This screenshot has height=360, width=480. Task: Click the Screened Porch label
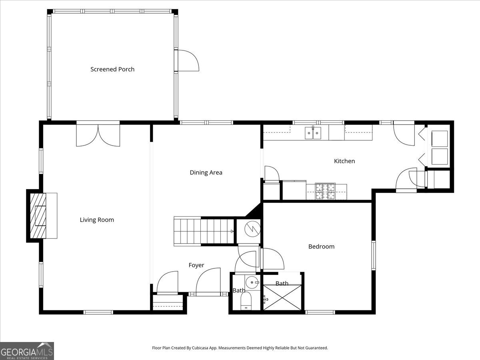tap(112, 69)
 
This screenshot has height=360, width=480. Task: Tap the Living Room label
tap(97, 220)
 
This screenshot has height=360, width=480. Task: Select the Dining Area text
tap(206, 173)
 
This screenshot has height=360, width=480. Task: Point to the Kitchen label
tap(344, 161)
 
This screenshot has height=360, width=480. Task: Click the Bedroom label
tap(321, 246)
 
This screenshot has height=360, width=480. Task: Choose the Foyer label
tap(196, 265)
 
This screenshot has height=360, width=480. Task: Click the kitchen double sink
tap(313, 133)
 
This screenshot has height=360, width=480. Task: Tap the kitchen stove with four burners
tap(325, 191)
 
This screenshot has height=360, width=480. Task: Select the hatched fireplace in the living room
tap(38, 216)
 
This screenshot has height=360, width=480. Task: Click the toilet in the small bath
tap(246, 301)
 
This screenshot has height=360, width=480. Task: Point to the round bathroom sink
tap(252, 282)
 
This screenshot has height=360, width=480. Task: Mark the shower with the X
tap(282, 297)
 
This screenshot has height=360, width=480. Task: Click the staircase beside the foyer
tap(204, 231)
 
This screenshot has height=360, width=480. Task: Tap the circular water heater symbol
tap(252, 229)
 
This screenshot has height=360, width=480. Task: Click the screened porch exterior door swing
tap(188, 60)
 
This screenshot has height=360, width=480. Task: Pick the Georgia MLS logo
tap(27, 351)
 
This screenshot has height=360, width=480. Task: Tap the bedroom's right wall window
tap(374, 255)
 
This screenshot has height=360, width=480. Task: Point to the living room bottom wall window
tap(98, 312)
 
